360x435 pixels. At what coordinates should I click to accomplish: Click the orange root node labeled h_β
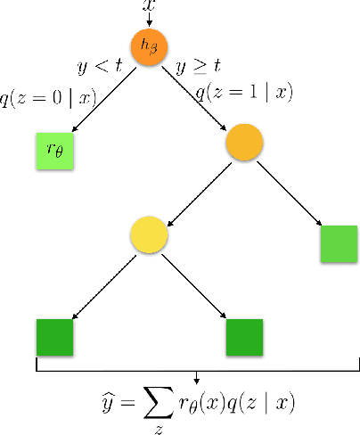point(149,48)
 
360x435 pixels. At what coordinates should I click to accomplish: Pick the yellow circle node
point(148,234)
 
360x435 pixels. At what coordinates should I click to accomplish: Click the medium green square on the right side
point(339,244)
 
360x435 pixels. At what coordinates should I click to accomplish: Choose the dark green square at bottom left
point(54,337)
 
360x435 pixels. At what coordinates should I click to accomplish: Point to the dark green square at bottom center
point(244,337)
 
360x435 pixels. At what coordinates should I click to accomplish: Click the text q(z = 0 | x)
point(50,99)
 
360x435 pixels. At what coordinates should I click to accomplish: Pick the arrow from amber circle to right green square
point(290,192)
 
